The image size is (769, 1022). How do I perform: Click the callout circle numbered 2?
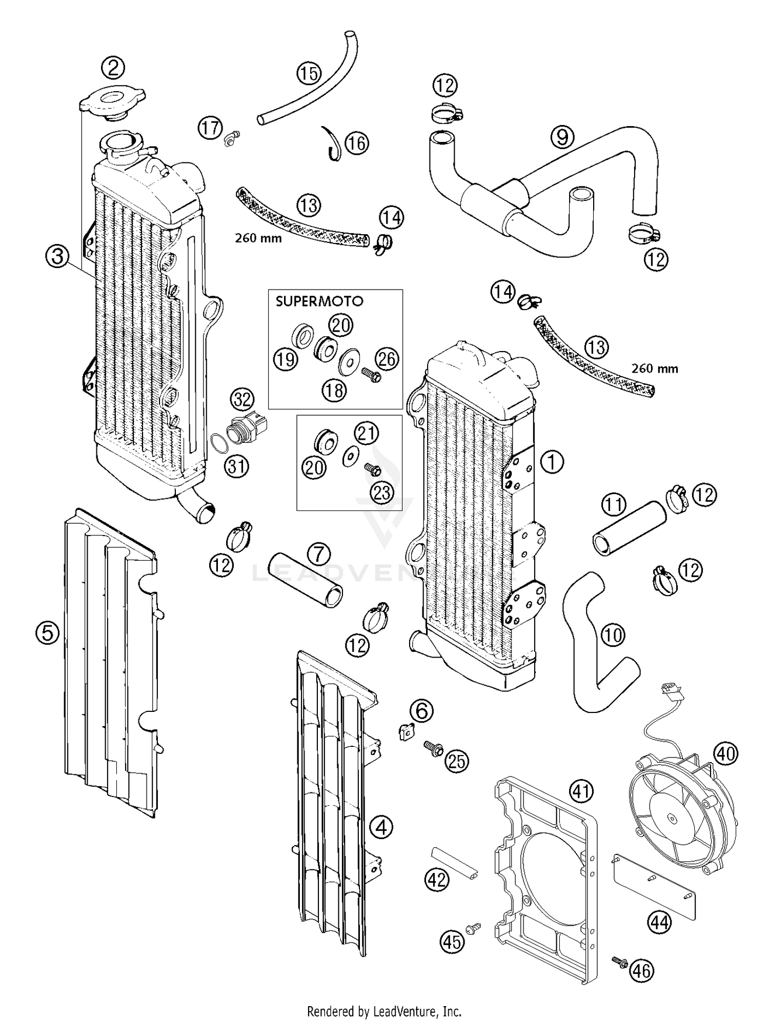point(114,68)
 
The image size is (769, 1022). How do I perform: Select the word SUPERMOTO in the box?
point(319,301)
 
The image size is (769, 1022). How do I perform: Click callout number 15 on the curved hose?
point(309,73)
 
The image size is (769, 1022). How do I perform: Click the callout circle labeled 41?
point(581,791)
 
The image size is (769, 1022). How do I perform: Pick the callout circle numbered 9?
point(562,137)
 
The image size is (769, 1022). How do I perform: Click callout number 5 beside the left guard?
point(47,633)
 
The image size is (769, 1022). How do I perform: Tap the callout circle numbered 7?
point(319,554)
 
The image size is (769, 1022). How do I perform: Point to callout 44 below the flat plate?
point(659,923)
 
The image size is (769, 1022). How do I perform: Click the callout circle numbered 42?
point(436,880)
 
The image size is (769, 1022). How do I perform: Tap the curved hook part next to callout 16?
point(332,144)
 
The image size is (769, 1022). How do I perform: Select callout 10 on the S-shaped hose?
point(613,636)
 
